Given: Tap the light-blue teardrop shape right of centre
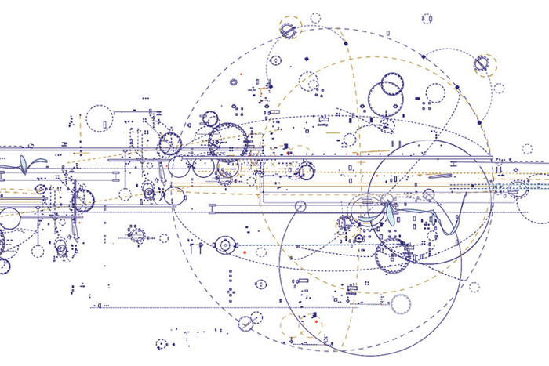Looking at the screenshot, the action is tap(389, 213).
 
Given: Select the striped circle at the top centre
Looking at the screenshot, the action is tap(289, 29).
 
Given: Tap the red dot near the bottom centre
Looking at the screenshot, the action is tap(315, 322).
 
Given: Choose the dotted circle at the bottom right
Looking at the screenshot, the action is tap(402, 304).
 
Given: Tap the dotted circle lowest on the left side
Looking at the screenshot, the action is tap(162, 344).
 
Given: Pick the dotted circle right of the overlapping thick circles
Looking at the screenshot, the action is tap(435, 93).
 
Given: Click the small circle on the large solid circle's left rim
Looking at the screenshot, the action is tap(299, 206).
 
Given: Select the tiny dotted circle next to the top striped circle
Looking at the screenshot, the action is tap(315, 17).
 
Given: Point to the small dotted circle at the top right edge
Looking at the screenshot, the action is tap(499, 87).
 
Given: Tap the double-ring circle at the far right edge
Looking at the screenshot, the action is tap(518, 188).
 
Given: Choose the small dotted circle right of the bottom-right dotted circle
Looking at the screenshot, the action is tap(474, 288).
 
